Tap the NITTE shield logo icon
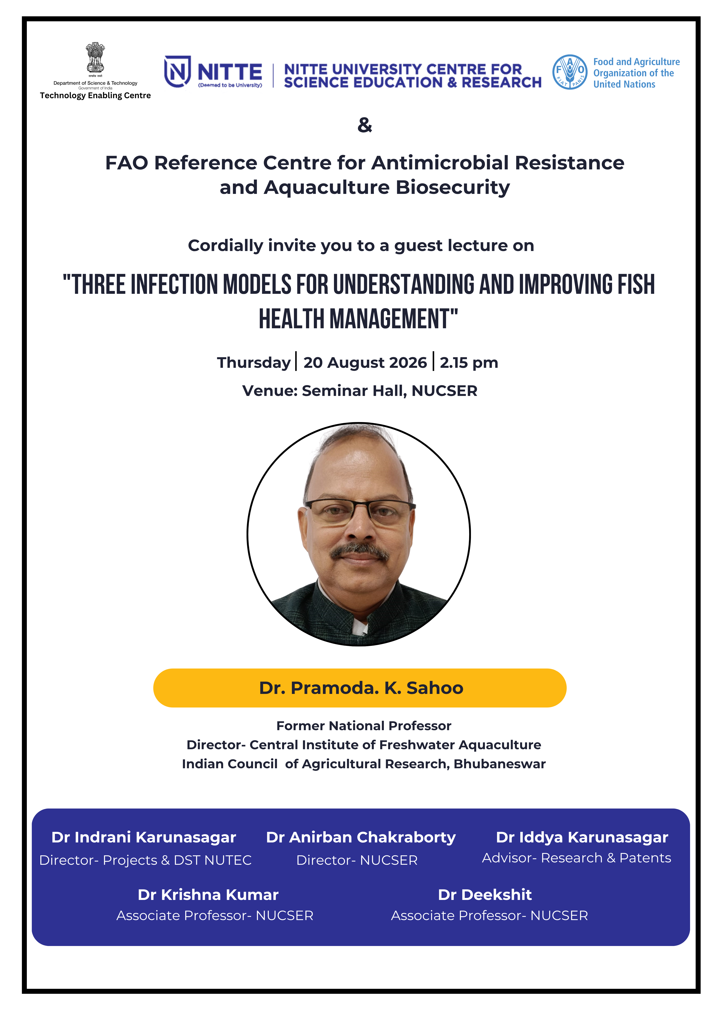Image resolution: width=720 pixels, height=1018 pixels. [177, 71]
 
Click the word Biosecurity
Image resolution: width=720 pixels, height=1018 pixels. [453, 188]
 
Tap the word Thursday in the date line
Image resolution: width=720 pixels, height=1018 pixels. [254, 363]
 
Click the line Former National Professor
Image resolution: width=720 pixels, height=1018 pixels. [364, 726]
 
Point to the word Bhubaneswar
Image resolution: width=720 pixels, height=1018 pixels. [500, 764]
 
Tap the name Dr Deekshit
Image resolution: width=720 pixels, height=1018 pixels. [485, 895]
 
